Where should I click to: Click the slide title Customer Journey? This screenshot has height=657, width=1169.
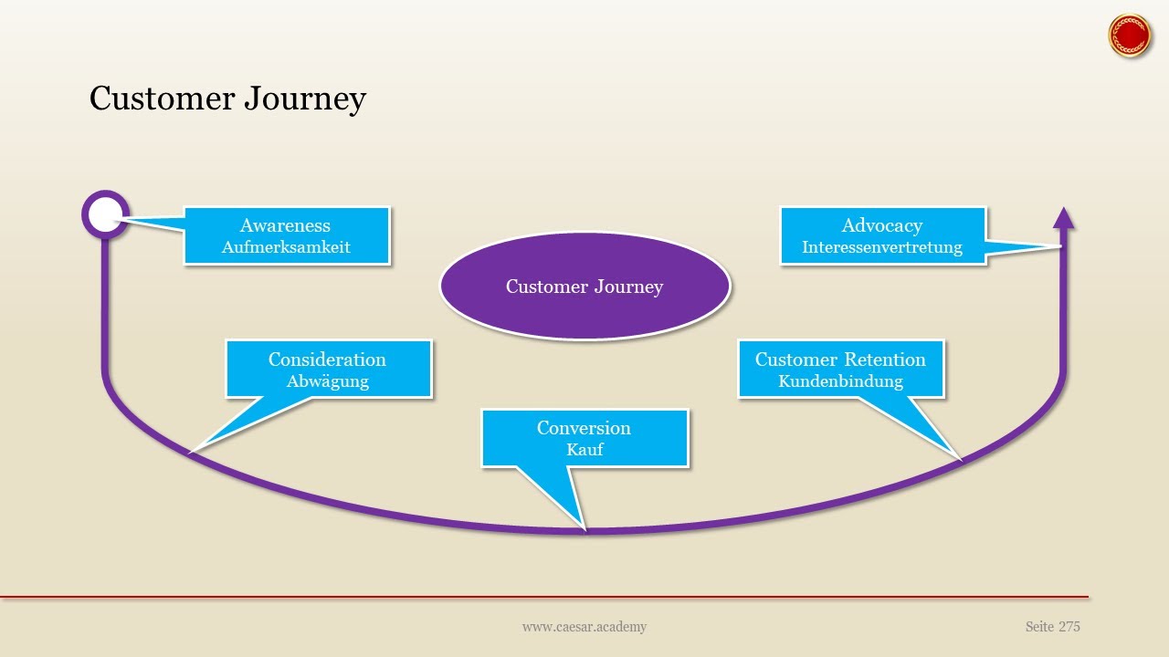coord(227,99)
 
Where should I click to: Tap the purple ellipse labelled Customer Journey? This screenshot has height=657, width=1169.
coord(584,287)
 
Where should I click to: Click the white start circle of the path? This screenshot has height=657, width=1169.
coord(105,214)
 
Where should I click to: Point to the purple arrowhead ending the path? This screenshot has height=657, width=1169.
coord(1063,218)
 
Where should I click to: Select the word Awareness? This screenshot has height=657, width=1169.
coord(285,225)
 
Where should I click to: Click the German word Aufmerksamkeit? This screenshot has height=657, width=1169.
coord(286,247)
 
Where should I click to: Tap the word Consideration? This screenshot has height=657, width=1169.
coord(327,360)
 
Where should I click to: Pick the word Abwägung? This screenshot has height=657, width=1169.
coord(327,381)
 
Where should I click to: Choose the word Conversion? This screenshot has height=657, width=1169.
coord(584,428)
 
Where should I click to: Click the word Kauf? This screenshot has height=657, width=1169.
coord(584,450)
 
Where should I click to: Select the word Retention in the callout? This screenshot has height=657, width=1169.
coord(884,360)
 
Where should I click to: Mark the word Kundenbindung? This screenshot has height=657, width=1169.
coord(840,381)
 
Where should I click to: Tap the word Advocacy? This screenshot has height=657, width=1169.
coord(881,225)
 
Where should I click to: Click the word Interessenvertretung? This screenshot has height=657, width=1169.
coord(882,247)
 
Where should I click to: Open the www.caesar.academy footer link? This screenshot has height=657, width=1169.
coord(584,627)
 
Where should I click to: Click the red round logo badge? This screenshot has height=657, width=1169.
coord(1130,36)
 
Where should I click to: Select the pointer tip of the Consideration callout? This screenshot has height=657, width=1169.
coord(191,451)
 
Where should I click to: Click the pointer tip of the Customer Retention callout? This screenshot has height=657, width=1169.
coord(960,457)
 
